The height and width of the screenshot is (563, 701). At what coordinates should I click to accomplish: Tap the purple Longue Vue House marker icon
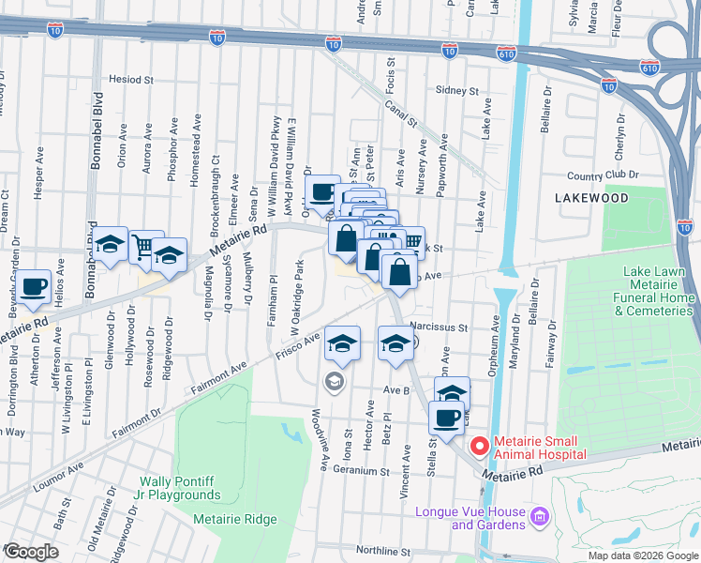tap(539, 515)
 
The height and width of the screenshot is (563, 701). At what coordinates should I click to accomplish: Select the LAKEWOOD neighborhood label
tap(590, 198)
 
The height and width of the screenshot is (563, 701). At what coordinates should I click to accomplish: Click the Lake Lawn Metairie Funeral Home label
tap(659, 291)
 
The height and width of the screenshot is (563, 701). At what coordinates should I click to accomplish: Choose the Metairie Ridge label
tap(235, 519)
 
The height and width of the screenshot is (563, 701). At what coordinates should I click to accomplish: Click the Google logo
tap(30, 553)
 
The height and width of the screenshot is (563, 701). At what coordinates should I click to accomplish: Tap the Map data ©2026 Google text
tap(643, 555)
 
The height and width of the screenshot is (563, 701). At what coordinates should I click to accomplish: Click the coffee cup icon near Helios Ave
tap(34, 286)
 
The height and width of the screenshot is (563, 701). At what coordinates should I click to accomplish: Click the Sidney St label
tap(457, 91)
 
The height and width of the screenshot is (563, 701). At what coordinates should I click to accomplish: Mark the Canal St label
tap(399, 114)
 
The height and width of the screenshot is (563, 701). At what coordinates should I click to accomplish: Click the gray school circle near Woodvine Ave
tap(333, 381)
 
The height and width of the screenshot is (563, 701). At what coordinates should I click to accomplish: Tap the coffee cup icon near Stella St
tap(446, 418)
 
